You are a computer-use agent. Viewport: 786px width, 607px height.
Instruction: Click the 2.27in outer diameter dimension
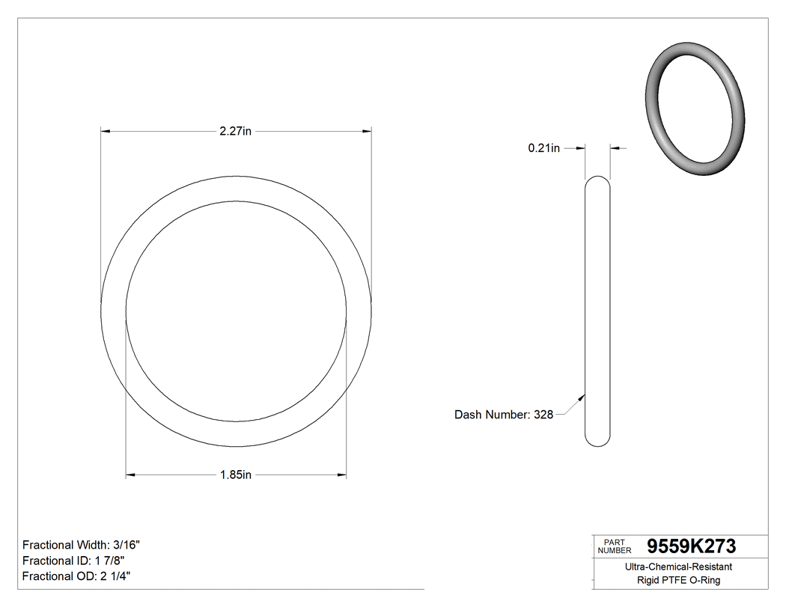(x=235, y=132)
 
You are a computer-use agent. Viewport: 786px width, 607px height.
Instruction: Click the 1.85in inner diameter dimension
(x=235, y=475)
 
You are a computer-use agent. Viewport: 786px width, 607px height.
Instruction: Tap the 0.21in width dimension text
(x=543, y=148)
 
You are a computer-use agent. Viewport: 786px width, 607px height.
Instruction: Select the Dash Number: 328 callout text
(x=504, y=415)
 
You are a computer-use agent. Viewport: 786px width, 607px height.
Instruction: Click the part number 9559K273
(x=691, y=546)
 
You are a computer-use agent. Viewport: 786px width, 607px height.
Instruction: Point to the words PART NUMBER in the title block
(x=613, y=546)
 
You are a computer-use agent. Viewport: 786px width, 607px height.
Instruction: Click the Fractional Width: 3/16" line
(x=82, y=545)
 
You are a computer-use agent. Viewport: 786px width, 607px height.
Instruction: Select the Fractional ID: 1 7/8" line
(x=73, y=561)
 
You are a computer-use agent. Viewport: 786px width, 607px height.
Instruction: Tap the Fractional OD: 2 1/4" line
(x=78, y=576)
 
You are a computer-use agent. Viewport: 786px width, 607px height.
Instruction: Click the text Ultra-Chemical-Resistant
(x=678, y=567)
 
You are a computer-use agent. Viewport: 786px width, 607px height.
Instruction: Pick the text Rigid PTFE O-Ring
(x=678, y=580)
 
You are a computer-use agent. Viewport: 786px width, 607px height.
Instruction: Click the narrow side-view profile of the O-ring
(x=597, y=311)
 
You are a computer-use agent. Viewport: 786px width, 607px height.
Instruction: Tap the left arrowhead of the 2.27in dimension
(x=106, y=132)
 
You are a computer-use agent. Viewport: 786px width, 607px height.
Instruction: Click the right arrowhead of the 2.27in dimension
(x=368, y=132)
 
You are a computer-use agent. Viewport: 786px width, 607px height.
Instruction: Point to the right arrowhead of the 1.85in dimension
(x=342, y=475)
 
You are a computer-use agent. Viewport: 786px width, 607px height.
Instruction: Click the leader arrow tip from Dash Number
(x=584, y=396)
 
